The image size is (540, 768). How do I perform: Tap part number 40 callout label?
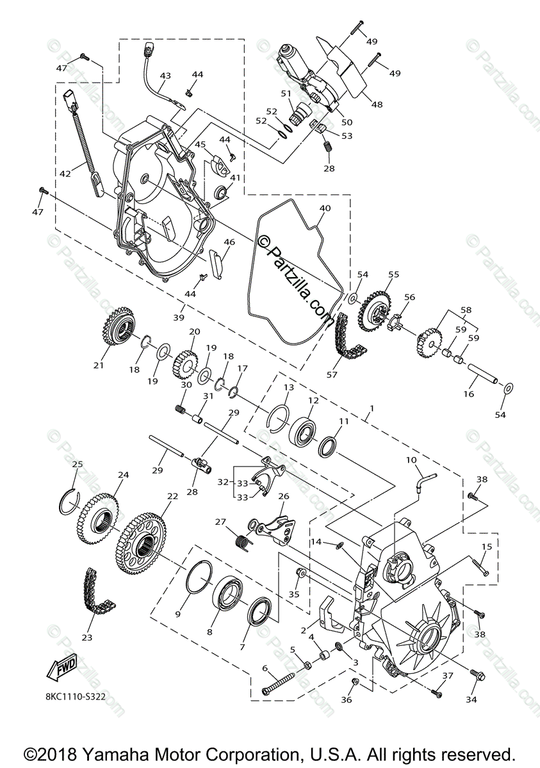(325, 208)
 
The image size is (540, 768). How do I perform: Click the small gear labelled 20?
(184, 363)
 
